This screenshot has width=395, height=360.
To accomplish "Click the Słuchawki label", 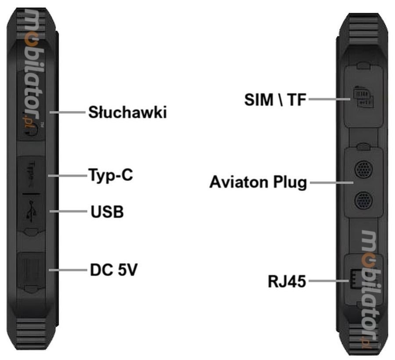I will tap(127, 112).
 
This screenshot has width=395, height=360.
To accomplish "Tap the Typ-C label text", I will tap(110, 176).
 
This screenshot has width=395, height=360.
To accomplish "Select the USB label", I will tap(107, 212).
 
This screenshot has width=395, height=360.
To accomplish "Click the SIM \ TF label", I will tap(275, 100).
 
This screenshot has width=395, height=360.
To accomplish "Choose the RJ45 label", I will tap(287, 281).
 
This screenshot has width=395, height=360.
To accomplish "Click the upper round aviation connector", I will tap(363, 169).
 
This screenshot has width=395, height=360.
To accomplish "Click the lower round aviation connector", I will tap(363, 201).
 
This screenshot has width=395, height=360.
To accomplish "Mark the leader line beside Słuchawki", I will tap(68, 112).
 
